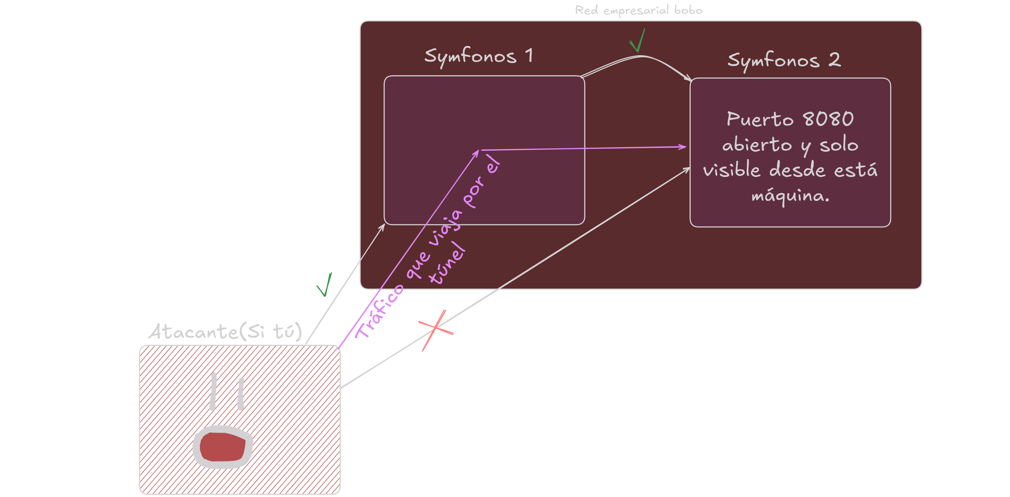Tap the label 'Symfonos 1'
coord(478,56)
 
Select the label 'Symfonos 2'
coord(784,60)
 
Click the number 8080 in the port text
coord(828,119)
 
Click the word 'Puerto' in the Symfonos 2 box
coord(760,119)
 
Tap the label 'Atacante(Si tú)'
coord(225,332)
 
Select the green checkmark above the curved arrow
coord(637,41)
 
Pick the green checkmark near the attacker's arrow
coord(325,285)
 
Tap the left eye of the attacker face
coord(213,391)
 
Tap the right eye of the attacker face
coord(241,393)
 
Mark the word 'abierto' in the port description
coord(757,145)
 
